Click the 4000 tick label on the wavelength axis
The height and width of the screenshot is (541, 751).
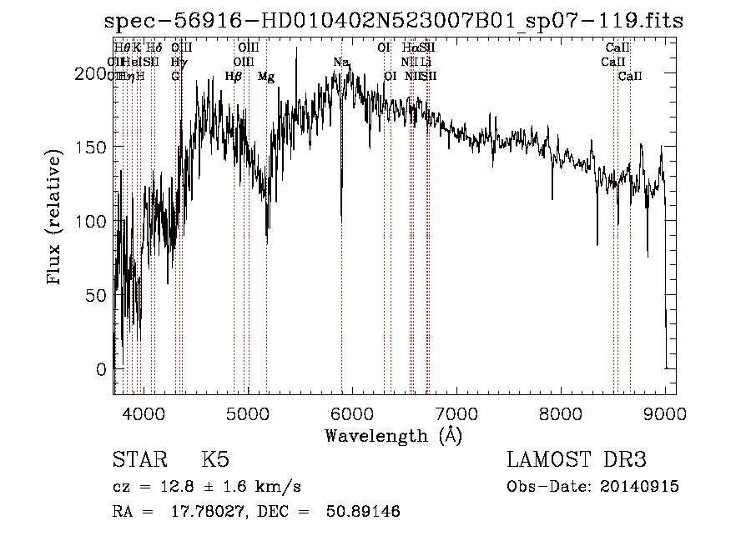point(144,413)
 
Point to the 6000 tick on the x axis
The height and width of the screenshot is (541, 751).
point(352,413)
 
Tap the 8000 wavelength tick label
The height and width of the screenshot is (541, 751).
point(561,413)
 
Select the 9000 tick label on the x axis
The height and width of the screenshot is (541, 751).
point(665,413)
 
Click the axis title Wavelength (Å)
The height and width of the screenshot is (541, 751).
point(393,434)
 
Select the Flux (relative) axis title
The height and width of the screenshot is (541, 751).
point(55,219)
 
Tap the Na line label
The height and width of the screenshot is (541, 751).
point(340,62)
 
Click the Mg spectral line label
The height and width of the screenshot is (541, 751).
point(266,77)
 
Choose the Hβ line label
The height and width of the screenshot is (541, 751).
point(234,77)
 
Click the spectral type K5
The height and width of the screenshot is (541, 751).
point(215,460)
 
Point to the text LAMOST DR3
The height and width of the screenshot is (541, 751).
point(577,460)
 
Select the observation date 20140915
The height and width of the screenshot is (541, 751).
point(644,486)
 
